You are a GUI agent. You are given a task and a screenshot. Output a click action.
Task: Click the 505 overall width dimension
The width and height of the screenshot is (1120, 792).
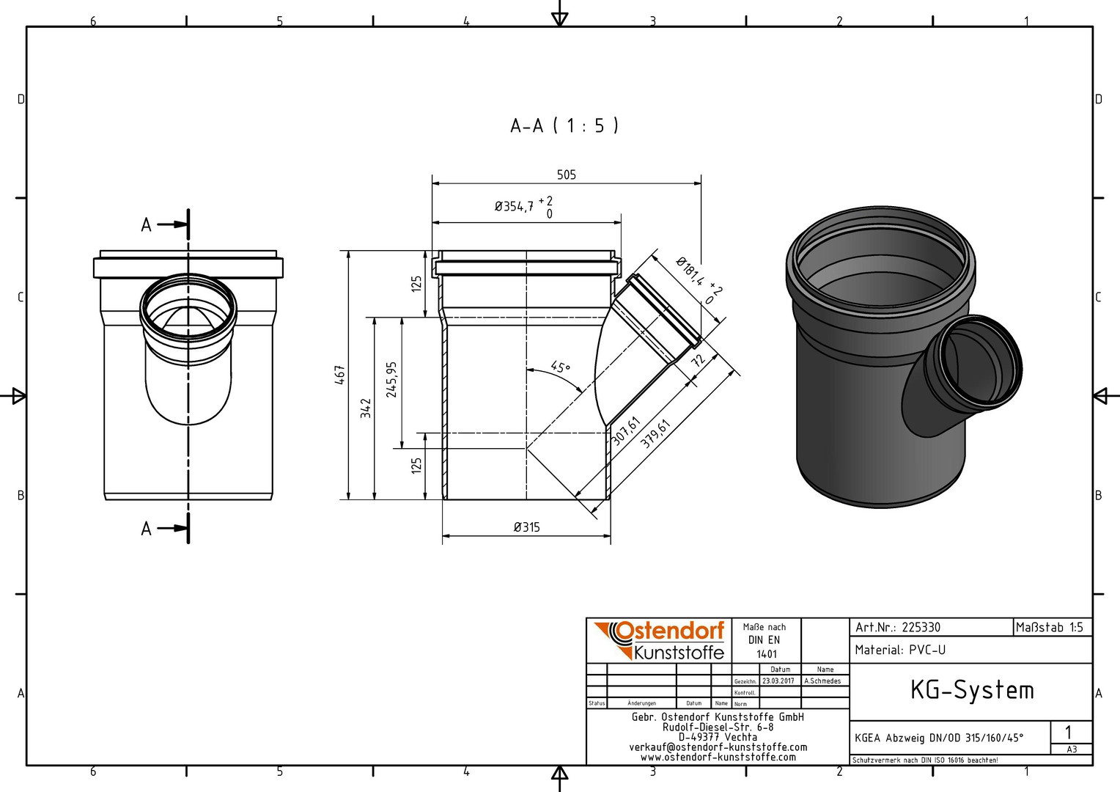click(x=567, y=175)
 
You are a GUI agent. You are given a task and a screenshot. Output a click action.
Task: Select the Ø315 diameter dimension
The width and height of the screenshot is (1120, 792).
click(x=527, y=527)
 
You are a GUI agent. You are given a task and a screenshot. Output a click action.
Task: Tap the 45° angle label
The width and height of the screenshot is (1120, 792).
click(x=561, y=367)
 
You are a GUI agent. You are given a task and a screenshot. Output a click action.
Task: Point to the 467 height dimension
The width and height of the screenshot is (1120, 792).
click(x=339, y=375)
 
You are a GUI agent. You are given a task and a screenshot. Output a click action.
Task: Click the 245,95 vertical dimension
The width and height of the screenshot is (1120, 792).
click(x=391, y=380)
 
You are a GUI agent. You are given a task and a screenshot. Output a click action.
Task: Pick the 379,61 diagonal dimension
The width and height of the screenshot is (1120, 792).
click(x=655, y=434)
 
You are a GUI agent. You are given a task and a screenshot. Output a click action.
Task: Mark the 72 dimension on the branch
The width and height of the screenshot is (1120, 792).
click(x=699, y=360)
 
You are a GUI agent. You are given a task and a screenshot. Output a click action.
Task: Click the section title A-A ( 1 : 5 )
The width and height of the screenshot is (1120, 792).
click(x=564, y=125)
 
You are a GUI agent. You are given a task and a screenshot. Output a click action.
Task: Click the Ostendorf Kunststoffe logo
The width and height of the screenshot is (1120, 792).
click(x=659, y=640)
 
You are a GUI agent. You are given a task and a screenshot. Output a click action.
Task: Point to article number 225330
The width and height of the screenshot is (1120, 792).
click(x=921, y=628)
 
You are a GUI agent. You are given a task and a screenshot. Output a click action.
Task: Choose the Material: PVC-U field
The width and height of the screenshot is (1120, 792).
click(x=900, y=650)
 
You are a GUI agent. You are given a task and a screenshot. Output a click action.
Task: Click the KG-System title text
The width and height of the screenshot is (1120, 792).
click(x=972, y=690)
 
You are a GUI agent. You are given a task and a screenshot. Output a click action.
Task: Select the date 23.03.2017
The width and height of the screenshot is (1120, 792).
click(x=778, y=681)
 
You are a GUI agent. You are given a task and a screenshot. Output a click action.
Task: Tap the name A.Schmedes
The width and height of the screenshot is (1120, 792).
click(x=823, y=681)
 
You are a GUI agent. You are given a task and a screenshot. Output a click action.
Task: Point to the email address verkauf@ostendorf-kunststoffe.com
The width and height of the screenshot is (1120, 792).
click(x=718, y=747)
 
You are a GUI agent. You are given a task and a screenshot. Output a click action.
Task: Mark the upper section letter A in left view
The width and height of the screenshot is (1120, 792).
click(x=146, y=225)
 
